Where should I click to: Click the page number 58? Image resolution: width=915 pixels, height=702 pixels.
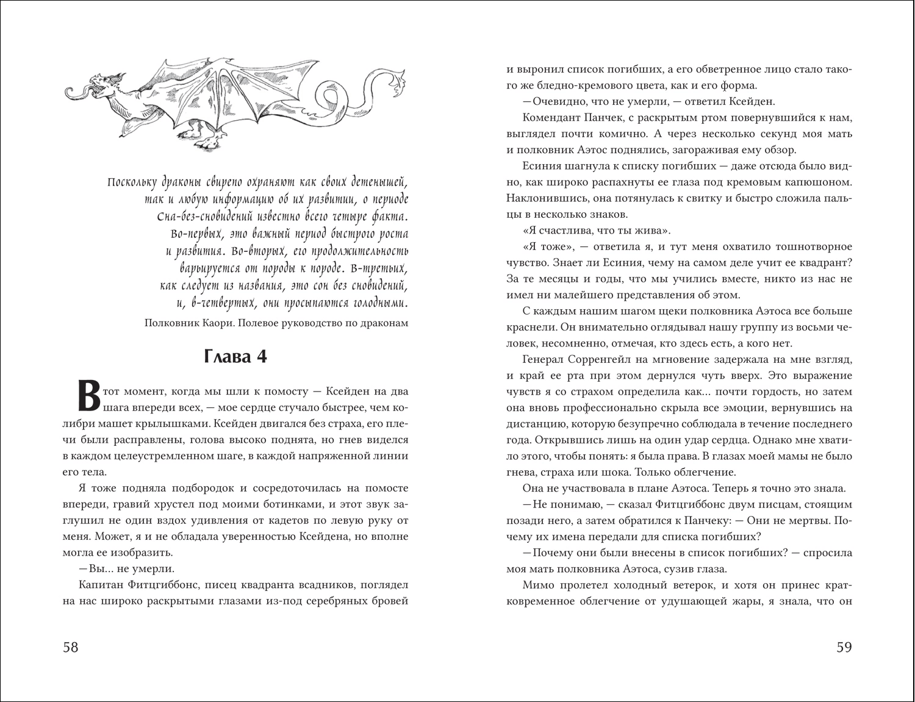[71, 648]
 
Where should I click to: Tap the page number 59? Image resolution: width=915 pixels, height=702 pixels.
[844, 648]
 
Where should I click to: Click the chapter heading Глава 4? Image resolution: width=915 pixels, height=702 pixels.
[235, 357]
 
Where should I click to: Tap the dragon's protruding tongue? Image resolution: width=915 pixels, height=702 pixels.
[75, 93]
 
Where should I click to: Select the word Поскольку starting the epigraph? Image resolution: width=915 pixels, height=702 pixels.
[132, 182]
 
